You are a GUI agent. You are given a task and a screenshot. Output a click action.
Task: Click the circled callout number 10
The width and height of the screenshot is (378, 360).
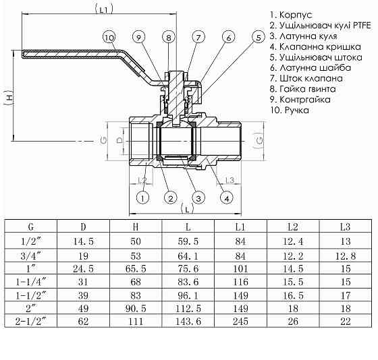(110, 38)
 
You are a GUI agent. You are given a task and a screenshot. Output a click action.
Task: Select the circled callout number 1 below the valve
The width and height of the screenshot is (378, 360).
(142, 198)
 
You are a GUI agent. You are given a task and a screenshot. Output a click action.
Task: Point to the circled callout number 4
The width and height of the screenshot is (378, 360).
(227, 198)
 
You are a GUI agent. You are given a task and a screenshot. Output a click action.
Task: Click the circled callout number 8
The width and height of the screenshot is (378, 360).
(169, 38)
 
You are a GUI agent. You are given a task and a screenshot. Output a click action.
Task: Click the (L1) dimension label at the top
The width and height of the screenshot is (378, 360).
(103, 9)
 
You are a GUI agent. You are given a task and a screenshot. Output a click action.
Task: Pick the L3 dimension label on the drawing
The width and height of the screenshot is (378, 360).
(230, 180)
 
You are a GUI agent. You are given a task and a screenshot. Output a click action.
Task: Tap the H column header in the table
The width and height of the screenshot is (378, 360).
(136, 227)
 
